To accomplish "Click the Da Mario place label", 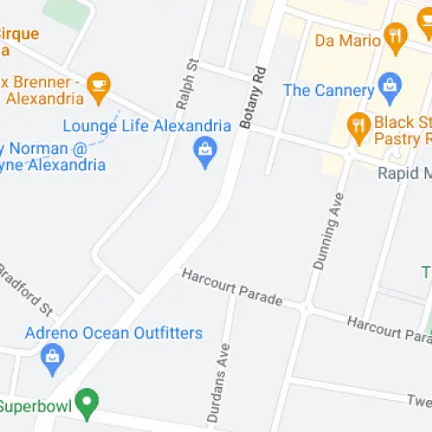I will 347,40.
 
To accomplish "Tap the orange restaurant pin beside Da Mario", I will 397,35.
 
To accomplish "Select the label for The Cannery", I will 328,89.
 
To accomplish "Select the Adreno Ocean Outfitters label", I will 114,334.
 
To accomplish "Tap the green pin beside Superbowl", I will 86,403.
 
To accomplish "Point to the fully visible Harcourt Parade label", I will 232,287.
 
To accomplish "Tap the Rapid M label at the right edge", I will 404,173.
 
